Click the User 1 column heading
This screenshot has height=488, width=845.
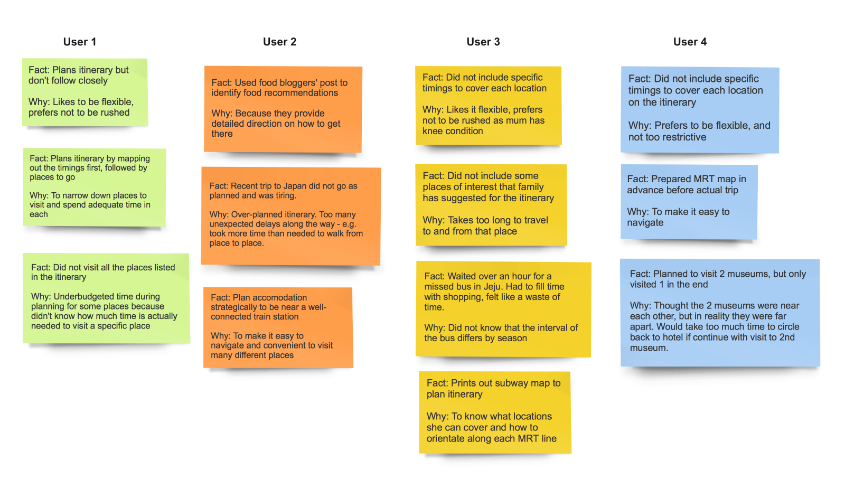80,42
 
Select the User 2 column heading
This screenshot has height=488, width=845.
279,42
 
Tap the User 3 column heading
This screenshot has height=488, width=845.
483,42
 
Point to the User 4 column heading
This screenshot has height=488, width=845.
690,42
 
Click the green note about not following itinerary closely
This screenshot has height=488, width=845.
84,92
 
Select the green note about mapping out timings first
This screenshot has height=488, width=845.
94,187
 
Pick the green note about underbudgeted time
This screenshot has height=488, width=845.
106,298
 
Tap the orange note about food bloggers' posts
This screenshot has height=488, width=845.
283,109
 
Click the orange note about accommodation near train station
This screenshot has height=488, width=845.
278,327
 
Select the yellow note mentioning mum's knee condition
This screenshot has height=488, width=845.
488,105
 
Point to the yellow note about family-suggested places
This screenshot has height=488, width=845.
491,204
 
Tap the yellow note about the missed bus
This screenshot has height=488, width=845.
503,308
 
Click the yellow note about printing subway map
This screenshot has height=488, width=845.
494,412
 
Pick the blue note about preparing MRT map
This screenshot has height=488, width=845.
689,201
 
